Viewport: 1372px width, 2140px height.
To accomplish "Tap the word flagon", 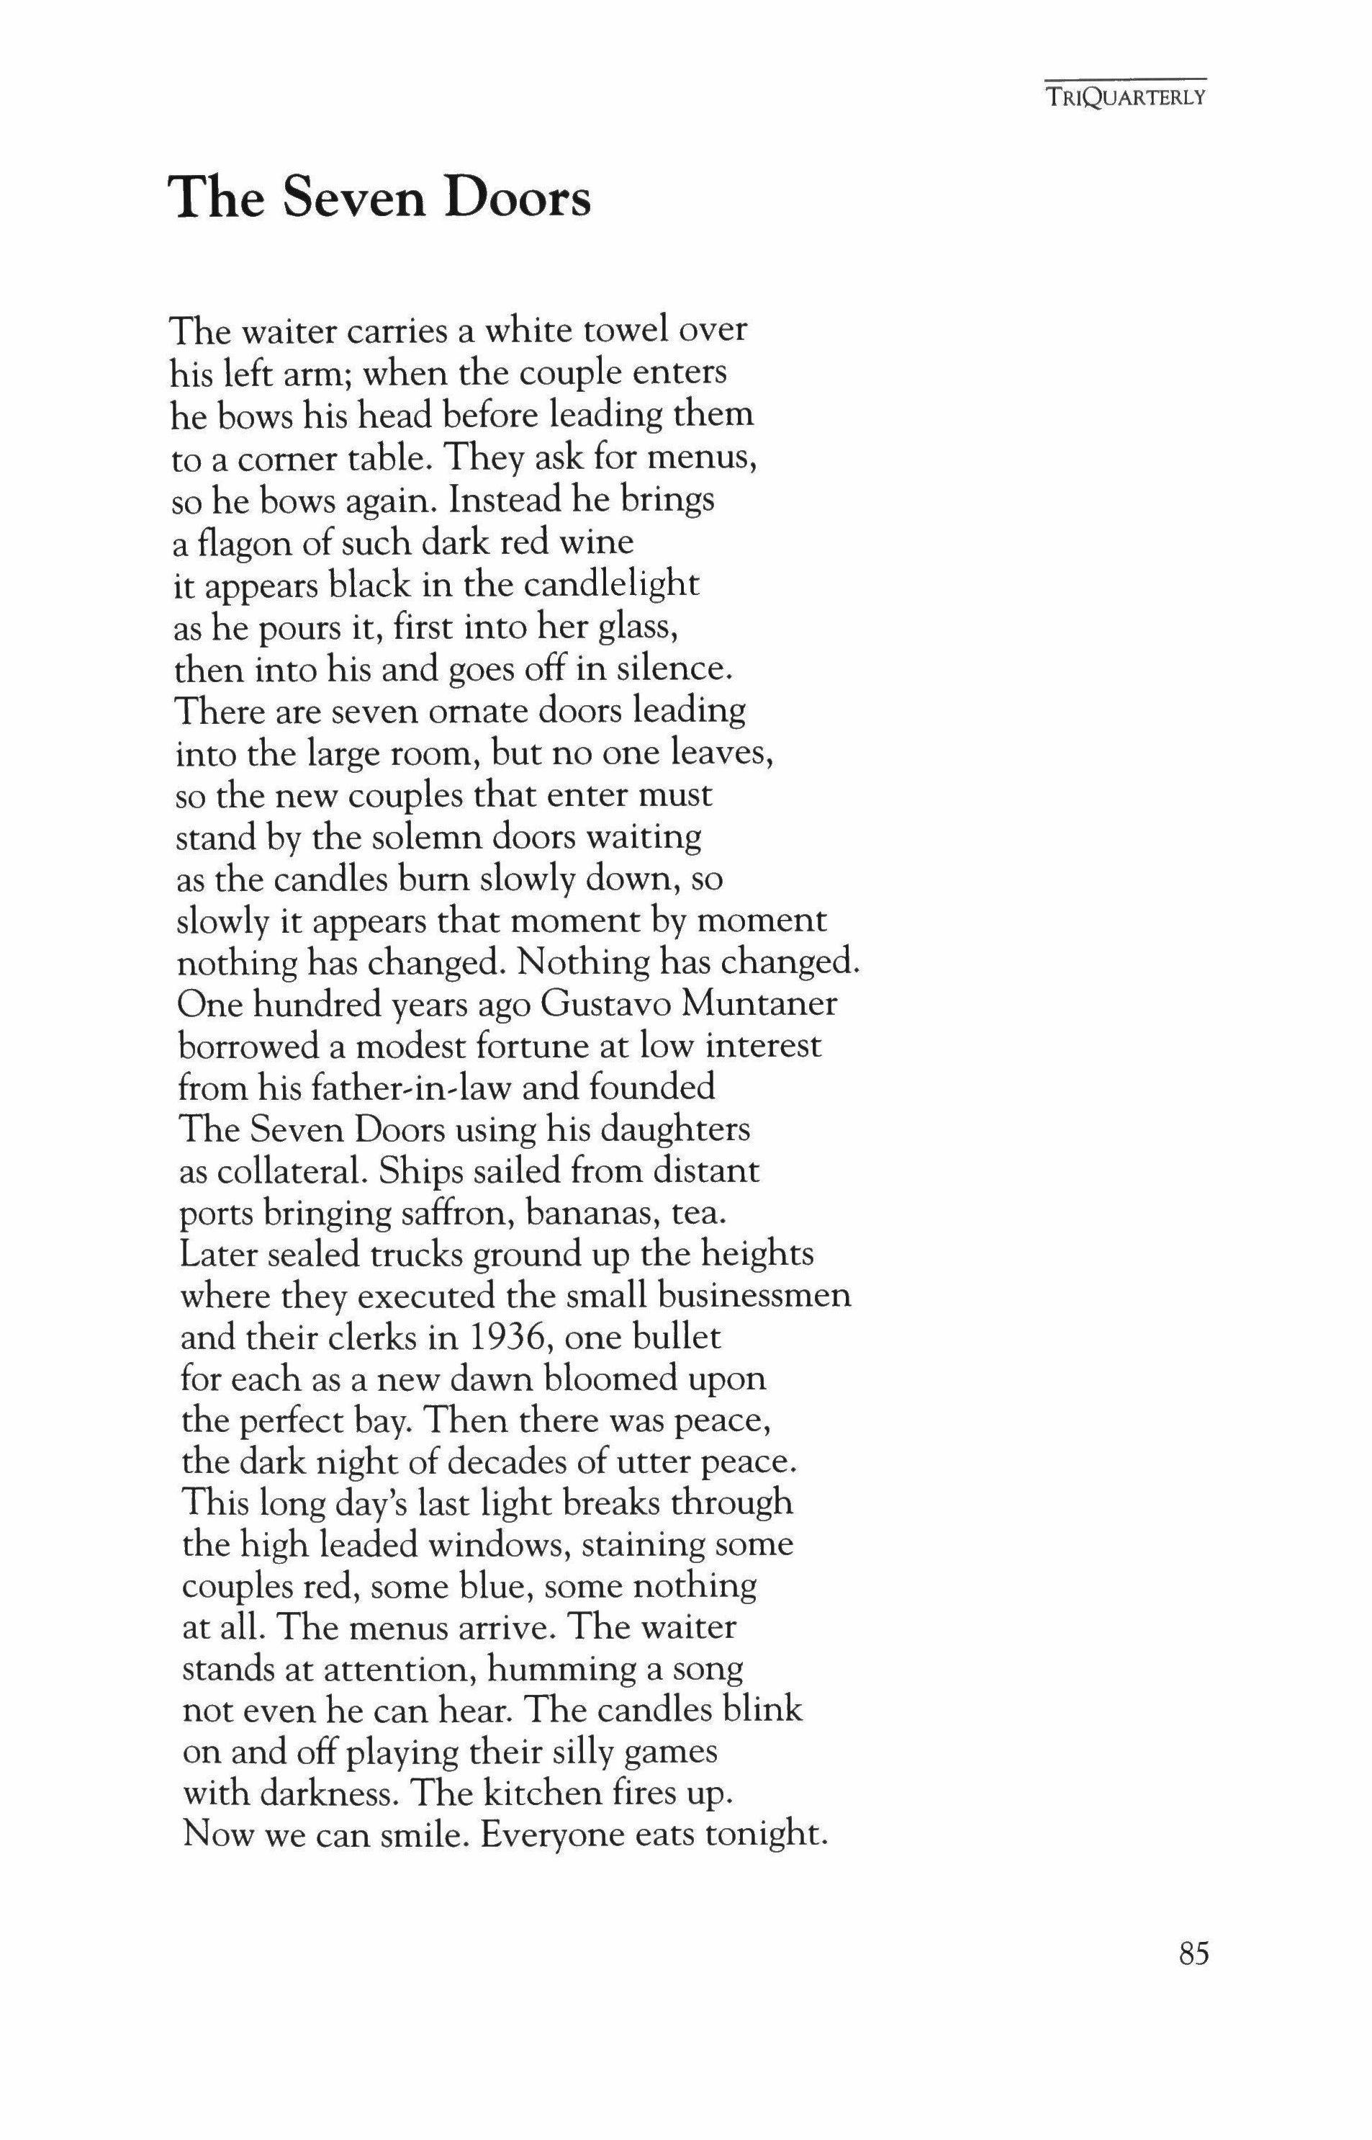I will click(x=243, y=543).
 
